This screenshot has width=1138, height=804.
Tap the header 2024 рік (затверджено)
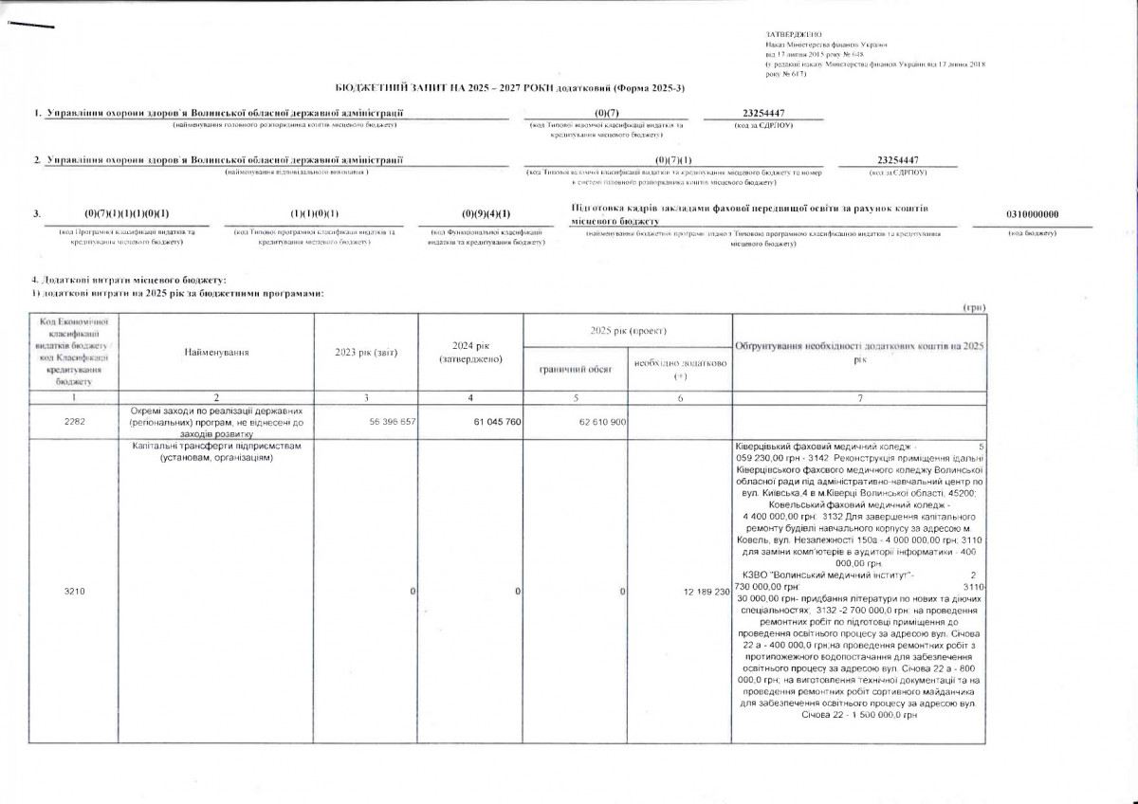point(470,352)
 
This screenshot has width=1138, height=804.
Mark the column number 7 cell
point(859,398)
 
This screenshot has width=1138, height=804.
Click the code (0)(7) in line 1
point(606,114)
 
